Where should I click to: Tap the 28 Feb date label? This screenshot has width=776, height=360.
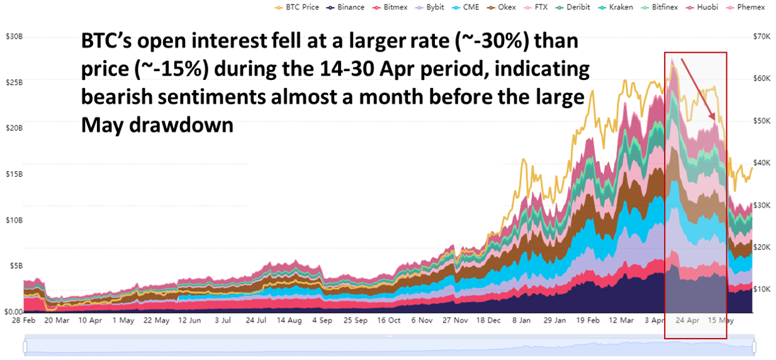click(x=24, y=320)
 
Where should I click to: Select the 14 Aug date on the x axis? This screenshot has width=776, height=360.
click(x=290, y=320)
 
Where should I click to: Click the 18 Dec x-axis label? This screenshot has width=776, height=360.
click(x=488, y=320)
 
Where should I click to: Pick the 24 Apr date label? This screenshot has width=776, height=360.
click(x=688, y=320)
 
